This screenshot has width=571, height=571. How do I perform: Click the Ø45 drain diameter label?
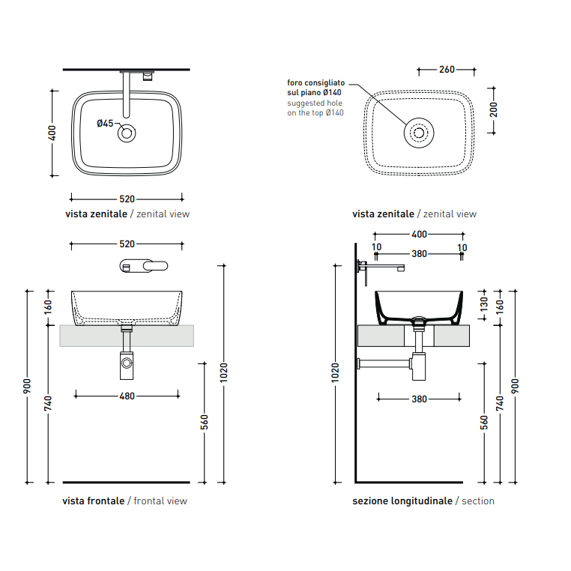coord(105,124)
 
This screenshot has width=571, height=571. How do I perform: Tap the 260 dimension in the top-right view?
coord(447,69)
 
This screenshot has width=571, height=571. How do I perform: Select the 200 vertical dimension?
coord(493,109)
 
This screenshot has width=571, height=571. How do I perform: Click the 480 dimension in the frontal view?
coord(127,396)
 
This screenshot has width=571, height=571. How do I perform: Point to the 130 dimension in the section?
coord(483,304)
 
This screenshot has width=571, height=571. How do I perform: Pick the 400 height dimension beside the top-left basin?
coord(52,133)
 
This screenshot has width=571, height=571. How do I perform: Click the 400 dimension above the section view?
coord(419,234)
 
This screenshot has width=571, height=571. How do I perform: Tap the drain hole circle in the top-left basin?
coord(127,133)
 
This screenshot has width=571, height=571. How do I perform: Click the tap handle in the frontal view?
coord(156,266)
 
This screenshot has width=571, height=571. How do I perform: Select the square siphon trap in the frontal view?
coord(127,366)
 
